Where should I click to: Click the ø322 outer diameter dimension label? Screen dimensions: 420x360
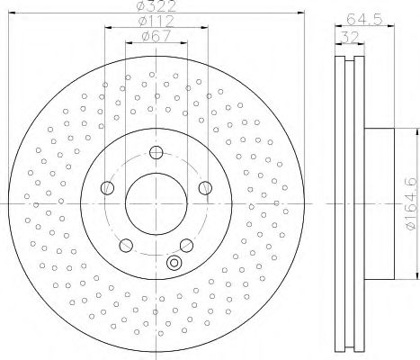coord(156,6)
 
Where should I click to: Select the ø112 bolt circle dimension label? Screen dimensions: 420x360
coord(156,21)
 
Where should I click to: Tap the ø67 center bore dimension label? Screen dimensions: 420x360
coord(156,36)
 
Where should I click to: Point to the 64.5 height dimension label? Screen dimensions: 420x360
coord(364,20)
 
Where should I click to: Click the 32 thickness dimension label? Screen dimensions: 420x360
coord(350,37)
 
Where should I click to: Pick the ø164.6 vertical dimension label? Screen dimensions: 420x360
coord(411,203)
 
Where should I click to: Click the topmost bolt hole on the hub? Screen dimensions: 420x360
coord(156,152)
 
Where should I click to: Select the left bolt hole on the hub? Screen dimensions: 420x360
coord(107,188)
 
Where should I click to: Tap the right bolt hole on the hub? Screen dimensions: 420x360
coord(205,188)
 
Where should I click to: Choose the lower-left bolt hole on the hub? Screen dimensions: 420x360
coord(126,245)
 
